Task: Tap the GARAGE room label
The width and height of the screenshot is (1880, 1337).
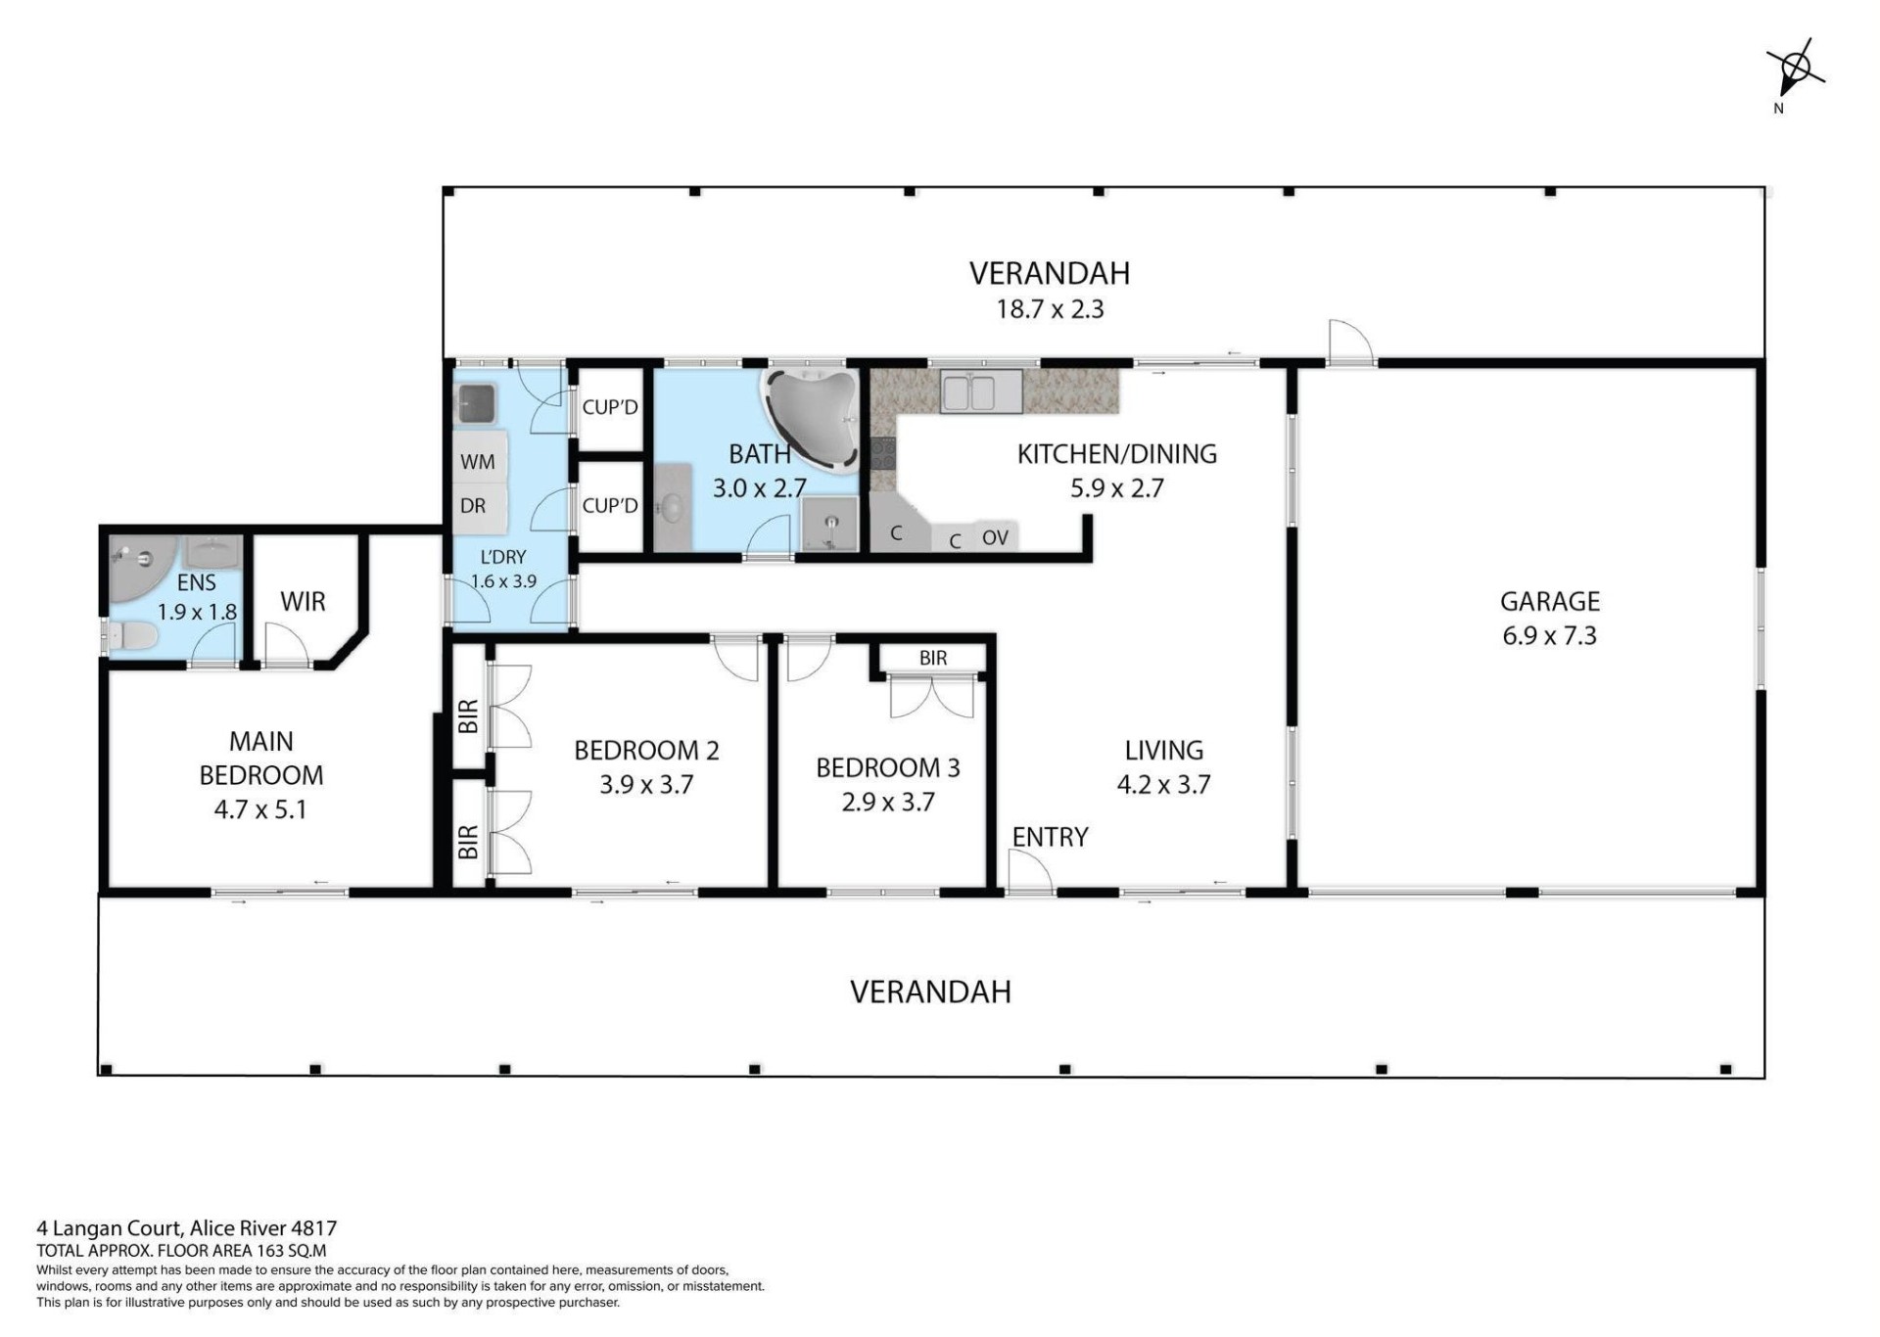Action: point(1550,601)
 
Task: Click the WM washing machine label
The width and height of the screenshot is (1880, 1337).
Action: point(478,461)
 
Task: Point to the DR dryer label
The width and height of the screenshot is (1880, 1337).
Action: point(473,506)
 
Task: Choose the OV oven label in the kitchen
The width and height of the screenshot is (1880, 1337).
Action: point(995,537)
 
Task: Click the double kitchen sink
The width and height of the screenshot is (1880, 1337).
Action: point(981,392)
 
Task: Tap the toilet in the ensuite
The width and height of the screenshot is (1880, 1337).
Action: point(131,638)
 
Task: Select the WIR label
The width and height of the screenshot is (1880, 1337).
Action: point(303,602)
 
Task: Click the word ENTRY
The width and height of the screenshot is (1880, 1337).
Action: point(1050,837)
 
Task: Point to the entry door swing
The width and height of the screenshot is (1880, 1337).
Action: point(1029,871)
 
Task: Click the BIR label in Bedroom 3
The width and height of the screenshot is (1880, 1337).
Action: point(933,659)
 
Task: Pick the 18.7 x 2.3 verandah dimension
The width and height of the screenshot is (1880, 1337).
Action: point(1050,309)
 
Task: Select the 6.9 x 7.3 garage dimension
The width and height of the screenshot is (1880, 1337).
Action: point(1550,636)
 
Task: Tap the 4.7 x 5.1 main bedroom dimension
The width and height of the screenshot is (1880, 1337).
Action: point(260,810)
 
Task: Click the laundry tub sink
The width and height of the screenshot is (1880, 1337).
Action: point(478,402)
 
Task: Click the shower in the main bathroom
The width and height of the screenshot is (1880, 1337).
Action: point(829,524)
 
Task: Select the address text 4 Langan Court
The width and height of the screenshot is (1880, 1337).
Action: point(110,1228)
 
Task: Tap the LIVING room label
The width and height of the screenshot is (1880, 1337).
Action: point(1163,751)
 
